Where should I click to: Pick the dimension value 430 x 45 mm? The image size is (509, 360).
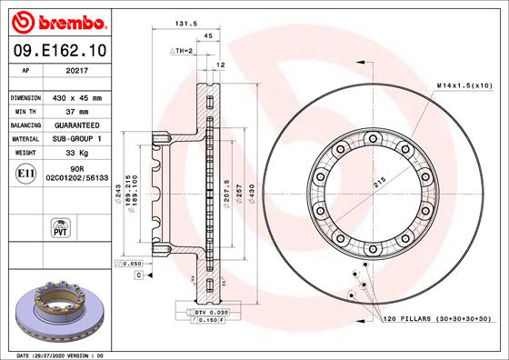[76, 97]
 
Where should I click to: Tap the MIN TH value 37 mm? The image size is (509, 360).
[76, 110]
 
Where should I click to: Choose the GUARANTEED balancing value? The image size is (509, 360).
[76, 124]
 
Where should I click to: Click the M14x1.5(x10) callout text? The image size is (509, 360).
[464, 85]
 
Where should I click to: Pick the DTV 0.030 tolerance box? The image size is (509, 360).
[208, 312]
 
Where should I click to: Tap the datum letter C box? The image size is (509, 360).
[138, 274]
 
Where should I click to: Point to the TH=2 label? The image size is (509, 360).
[182, 51]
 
